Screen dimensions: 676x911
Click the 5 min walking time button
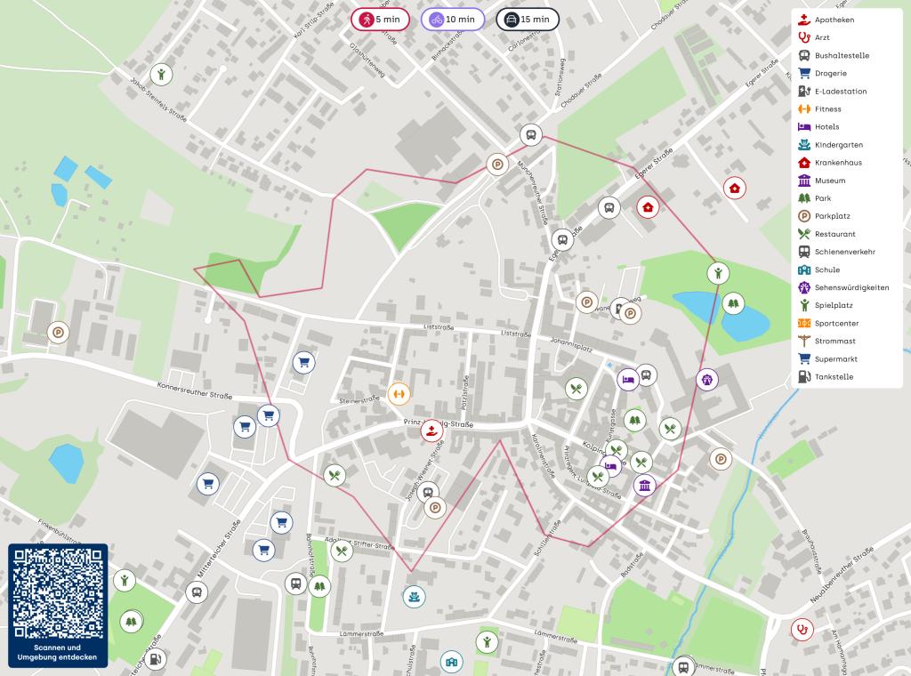click(x=380, y=19)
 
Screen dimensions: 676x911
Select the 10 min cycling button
click(x=452, y=19)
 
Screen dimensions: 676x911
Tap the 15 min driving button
click(x=527, y=19)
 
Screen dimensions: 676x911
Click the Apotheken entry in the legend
click(x=834, y=20)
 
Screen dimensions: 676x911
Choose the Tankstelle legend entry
click(x=834, y=376)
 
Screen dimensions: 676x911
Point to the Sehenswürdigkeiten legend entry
click(x=851, y=287)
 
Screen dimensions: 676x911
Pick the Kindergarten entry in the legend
click(x=838, y=144)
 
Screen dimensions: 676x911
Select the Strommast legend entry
click(x=834, y=341)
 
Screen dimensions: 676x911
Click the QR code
click(x=58, y=592)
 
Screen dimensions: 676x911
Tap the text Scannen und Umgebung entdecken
click(x=58, y=652)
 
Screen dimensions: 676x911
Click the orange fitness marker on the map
click(x=399, y=392)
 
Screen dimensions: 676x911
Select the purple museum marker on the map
click(x=645, y=485)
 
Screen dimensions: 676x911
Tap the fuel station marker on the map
click(x=157, y=659)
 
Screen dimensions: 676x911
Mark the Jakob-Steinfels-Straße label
click(x=158, y=101)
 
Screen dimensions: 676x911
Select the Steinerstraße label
click(x=359, y=401)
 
